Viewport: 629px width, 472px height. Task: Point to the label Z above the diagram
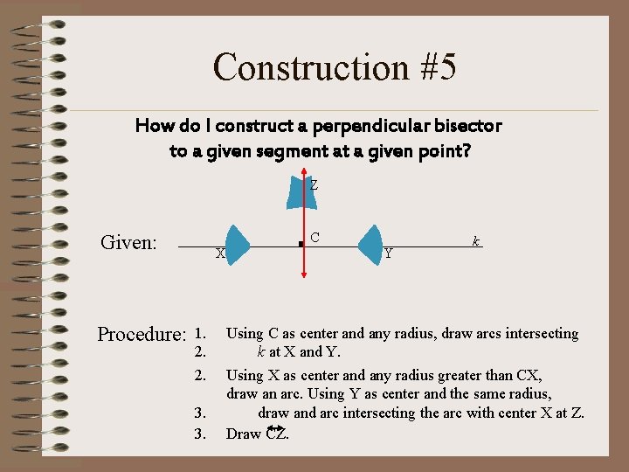pyautogui.click(x=314, y=185)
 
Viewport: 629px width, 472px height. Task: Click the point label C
pyautogui.click(x=314, y=238)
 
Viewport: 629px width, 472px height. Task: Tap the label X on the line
pyautogui.click(x=220, y=253)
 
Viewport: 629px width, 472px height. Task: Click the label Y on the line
pyautogui.click(x=388, y=253)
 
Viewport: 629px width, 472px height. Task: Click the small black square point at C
pyautogui.click(x=301, y=245)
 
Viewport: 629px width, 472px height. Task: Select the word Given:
pyautogui.click(x=128, y=242)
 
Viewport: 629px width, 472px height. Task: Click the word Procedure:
pyautogui.click(x=142, y=335)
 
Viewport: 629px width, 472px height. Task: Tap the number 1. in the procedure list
pyautogui.click(x=200, y=333)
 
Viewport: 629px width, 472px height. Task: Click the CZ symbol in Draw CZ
pyautogui.click(x=276, y=433)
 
